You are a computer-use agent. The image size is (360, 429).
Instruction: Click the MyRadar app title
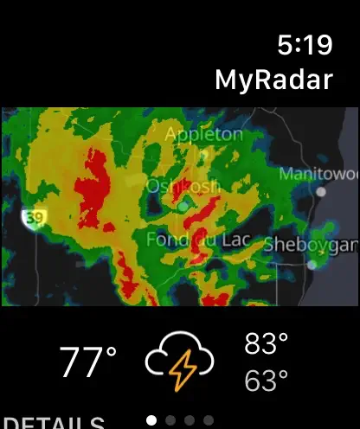click(x=273, y=80)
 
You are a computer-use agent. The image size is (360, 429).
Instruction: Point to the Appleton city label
click(x=204, y=134)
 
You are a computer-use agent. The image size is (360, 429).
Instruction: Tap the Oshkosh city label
click(x=183, y=185)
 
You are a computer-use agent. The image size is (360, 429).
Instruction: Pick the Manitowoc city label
click(x=318, y=174)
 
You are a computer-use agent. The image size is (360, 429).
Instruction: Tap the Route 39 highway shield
click(x=33, y=219)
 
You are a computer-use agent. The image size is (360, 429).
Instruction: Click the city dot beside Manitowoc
click(x=323, y=192)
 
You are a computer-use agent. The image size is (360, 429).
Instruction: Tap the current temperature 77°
click(x=87, y=362)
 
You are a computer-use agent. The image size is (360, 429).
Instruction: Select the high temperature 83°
click(x=266, y=344)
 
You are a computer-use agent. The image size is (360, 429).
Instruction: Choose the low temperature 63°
click(x=266, y=381)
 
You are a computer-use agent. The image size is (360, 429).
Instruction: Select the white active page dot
click(x=152, y=420)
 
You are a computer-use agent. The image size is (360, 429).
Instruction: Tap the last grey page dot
click(x=209, y=420)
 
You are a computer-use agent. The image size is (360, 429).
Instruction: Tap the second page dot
click(x=170, y=420)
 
